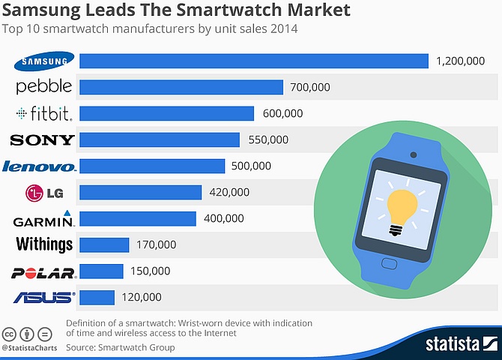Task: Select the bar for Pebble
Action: pos(181,87)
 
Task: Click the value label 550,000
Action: pos(267,139)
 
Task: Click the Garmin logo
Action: pos(43,219)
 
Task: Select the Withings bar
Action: pos(104,244)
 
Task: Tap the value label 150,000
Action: pos(151,271)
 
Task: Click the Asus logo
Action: pos(43,298)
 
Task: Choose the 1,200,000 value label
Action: pos(461,61)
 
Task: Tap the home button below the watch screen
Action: pos(390,264)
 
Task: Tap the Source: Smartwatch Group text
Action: pos(120,347)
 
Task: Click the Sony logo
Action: pos(42,139)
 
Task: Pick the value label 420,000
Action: pos(229,192)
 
